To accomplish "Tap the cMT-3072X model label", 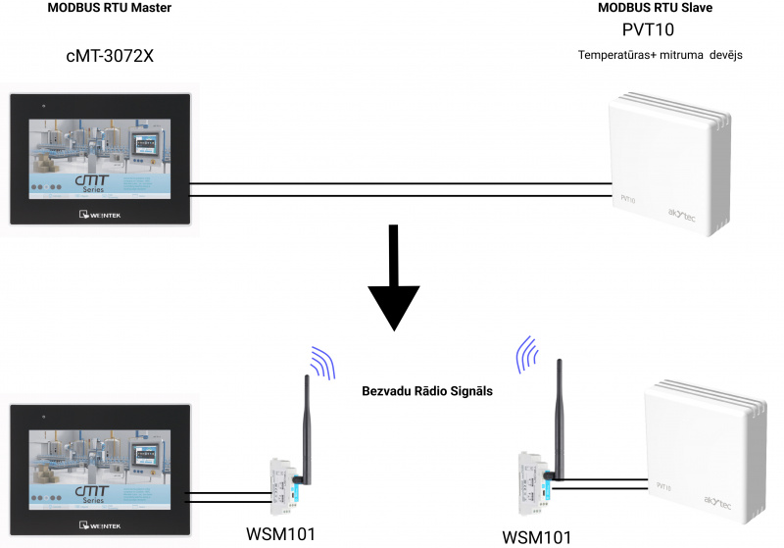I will (110, 56).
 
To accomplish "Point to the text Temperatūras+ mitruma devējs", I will (661, 55).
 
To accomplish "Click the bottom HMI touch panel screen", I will (100, 466).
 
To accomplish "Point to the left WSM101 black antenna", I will (305, 422).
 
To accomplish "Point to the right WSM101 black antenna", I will (560, 412).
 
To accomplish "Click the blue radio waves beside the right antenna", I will (527, 353).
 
